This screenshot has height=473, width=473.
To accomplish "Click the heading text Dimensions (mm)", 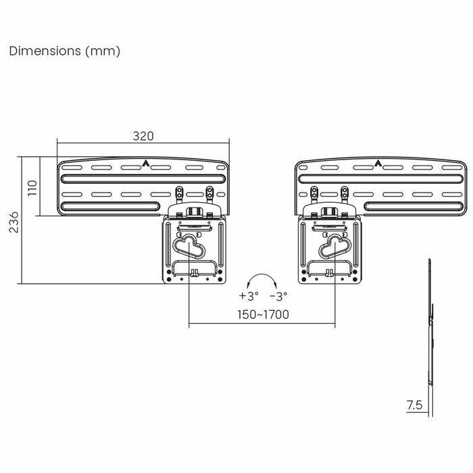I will tap(65, 51).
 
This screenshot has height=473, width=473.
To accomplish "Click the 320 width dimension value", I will tap(143, 136).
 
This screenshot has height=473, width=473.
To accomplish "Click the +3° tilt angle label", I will tap(248, 296).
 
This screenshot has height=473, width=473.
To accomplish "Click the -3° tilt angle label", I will tap(278, 296).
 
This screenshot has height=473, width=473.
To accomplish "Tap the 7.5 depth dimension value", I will tap(414, 405).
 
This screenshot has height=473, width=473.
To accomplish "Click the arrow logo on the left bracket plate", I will tap(146, 163).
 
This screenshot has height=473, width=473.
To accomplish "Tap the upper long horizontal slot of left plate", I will tap(143, 178).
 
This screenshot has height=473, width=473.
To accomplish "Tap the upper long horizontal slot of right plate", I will tap(381, 178).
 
